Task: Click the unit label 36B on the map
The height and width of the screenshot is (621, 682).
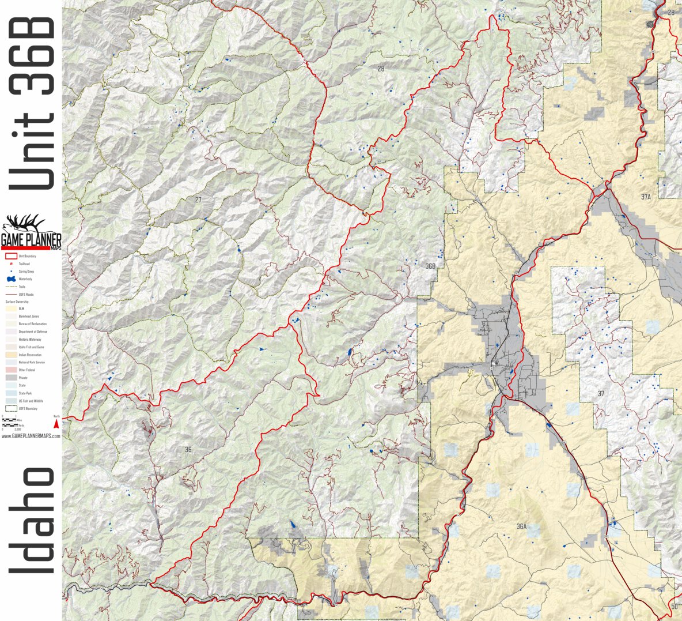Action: coord(430,266)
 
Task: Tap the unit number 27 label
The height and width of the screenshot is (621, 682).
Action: coord(198,200)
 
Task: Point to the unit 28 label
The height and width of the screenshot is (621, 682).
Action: coord(381,69)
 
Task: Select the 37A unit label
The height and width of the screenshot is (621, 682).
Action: coord(646,197)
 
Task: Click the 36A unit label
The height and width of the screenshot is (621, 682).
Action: coord(521,526)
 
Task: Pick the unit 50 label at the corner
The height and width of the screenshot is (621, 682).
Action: coord(674,606)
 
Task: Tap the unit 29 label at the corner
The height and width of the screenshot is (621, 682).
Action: coord(671,13)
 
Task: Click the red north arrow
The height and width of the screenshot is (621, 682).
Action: coord(56,424)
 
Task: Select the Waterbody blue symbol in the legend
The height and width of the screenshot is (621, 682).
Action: coord(10,279)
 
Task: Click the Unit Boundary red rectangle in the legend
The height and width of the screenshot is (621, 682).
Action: coord(10,256)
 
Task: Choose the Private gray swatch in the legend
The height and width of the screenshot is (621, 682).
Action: coord(10,378)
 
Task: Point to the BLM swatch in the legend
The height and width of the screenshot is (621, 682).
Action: coord(10,309)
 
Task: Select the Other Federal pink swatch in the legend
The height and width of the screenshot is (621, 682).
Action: coord(10,370)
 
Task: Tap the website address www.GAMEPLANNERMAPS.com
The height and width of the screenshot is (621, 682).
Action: coord(31,436)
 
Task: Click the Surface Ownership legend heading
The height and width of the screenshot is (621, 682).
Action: coord(17,302)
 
